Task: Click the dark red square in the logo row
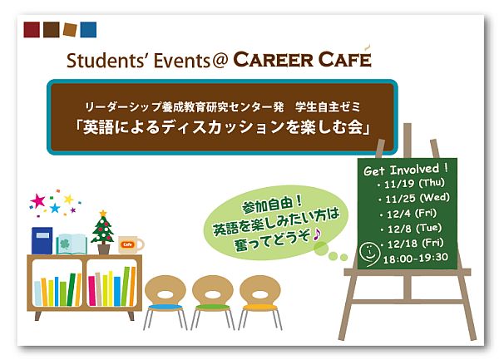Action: click(x=32, y=30)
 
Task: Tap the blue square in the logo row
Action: click(x=88, y=30)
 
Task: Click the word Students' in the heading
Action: click(x=107, y=60)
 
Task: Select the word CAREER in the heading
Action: click(x=274, y=60)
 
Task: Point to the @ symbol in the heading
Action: click(x=220, y=61)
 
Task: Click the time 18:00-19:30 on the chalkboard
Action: click(x=416, y=258)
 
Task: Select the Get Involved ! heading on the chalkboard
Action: click(x=406, y=170)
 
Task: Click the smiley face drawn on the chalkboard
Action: click(x=369, y=254)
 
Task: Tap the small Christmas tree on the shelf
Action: click(x=103, y=232)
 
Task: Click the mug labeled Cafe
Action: click(x=131, y=244)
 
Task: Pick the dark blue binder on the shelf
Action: click(x=42, y=241)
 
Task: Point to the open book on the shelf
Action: click(x=72, y=244)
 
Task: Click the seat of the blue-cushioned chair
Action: click(x=166, y=307)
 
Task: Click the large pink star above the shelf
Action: click(x=38, y=200)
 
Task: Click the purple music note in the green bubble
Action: click(x=317, y=235)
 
